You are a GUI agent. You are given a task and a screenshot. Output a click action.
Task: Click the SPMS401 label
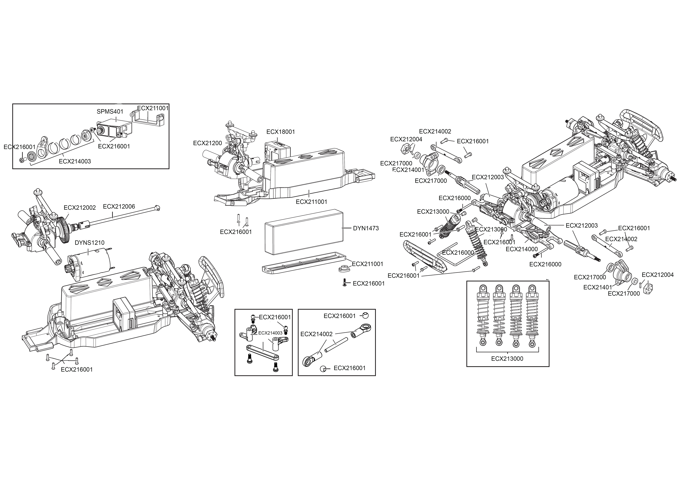point(110,111)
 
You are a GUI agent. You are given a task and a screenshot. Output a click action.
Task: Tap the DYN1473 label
point(366,228)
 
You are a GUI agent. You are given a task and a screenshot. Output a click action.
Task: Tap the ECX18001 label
point(281,132)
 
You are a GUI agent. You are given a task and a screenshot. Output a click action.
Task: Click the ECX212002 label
point(80,208)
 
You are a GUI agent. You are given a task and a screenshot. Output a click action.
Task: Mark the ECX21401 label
point(598,288)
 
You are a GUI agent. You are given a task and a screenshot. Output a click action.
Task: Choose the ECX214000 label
point(522,249)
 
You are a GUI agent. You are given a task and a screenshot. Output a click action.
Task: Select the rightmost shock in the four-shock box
point(532,315)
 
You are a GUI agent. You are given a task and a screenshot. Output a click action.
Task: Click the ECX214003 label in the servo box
point(75,161)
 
